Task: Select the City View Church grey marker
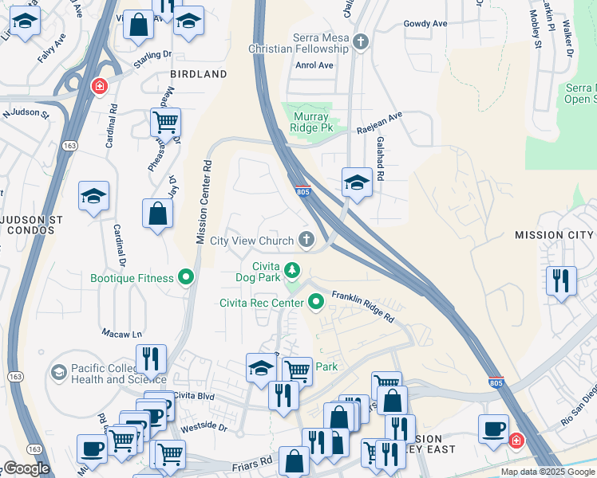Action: (306, 239)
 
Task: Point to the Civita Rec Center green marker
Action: (316, 301)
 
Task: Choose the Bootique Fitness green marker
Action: (187, 277)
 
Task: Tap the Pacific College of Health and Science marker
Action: (58, 372)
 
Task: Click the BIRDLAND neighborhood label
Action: (198, 74)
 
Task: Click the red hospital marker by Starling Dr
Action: (99, 86)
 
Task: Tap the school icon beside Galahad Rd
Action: (357, 183)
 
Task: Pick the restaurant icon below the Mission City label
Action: (561, 280)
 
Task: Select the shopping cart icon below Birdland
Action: (165, 123)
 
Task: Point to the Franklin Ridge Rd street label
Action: (363, 306)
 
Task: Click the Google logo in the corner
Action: (26, 468)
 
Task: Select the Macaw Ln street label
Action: (121, 332)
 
